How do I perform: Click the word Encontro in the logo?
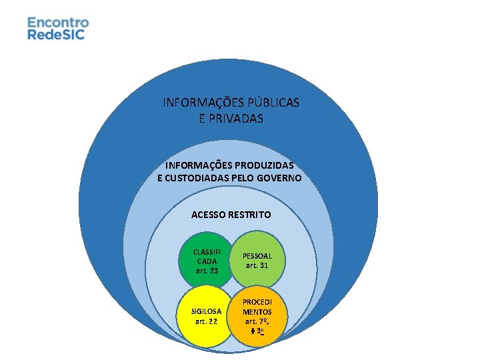(x=58, y=22)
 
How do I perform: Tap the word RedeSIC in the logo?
(x=56, y=34)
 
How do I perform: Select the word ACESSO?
(x=209, y=215)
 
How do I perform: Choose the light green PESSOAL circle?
(x=257, y=260)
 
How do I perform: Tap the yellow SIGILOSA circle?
(x=205, y=316)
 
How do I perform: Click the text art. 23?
(x=207, y=271)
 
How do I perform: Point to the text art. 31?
(x=257, y=265)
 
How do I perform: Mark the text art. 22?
(x=206, y=321)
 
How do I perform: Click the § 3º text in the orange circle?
(x=257, y=331)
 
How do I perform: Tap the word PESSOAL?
(x=257, y=255)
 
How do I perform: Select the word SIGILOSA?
(x=206, y=311)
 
